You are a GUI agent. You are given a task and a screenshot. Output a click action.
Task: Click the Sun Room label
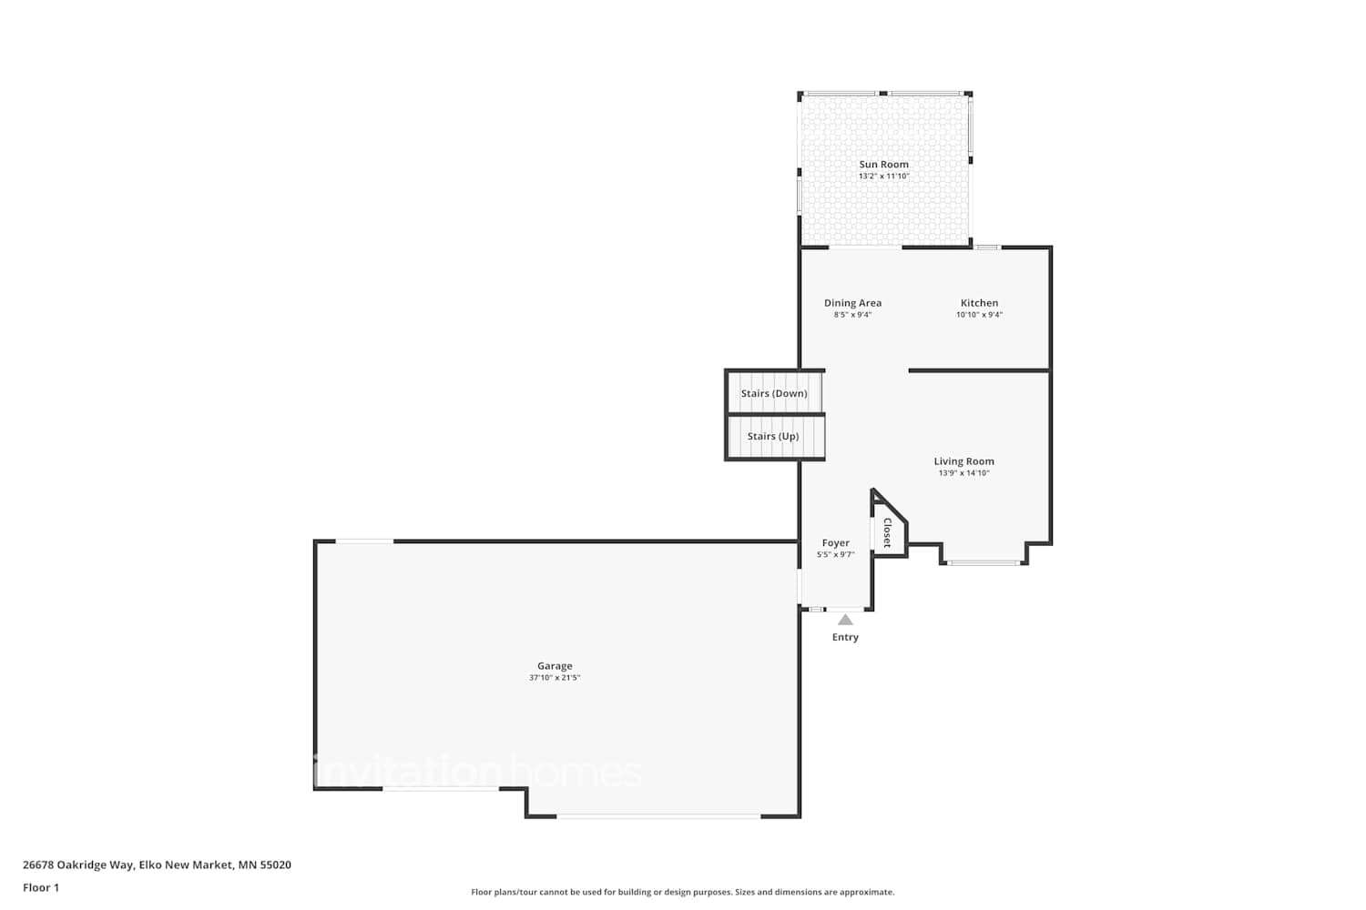pos(883,165)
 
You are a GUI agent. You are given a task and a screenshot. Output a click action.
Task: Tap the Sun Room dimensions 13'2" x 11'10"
pos(883,177)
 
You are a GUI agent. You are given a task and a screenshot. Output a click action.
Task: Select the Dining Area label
pos(852,303)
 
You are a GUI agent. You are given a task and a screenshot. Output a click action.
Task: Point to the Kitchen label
pos(979,303)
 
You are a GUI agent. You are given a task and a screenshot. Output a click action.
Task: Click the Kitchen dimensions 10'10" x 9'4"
pos(979,315)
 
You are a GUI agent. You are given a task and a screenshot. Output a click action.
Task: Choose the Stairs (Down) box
pos(774,393)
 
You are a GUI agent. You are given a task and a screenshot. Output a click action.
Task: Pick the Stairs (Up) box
pos(774,437)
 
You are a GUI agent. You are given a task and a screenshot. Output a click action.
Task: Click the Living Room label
pos(963,461)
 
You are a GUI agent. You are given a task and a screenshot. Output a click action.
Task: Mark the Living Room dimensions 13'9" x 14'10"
pos(963,473)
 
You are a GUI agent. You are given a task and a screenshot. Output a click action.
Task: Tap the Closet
pos(888,531)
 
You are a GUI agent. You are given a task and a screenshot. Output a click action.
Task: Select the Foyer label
pos(835,543)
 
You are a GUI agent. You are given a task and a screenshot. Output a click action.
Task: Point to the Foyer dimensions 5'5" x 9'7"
pos(835,555)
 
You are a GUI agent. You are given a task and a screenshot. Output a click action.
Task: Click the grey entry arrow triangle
pos(845,621)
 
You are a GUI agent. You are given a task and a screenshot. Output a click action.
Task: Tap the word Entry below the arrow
pos(845,637)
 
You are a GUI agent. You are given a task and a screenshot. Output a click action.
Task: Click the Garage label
pos(555,666)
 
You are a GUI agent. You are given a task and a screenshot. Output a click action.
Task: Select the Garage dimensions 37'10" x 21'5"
pos(555,678)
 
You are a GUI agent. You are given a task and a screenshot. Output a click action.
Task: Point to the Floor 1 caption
pos(41,887)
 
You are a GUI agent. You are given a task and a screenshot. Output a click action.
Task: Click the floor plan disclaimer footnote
pos(682,892)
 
